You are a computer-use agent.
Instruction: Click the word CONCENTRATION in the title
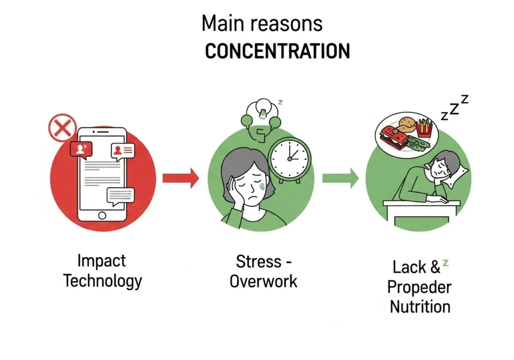pyautogui.click(x=278, y=51)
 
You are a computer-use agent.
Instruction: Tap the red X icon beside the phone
pyautogui.click(x=62, y=128)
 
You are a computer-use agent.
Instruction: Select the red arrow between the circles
pyautogui.click(x=181, y=178)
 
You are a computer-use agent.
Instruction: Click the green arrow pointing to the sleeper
pyautogui.click(x=341, y=178)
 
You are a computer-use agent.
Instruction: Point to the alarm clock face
pyautogui.click(x=290, y=159)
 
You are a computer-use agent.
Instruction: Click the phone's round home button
pyautogui.click(x=102, y=215)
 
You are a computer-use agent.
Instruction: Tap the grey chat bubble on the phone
pyautogui.click(x=120, y=196)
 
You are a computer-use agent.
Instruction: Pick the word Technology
pyautogui.click(x=102, y=281)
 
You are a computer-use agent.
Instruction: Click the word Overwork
pyautogui.click(x=264, y=281)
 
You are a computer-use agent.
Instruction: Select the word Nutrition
pyautogui.click(x=420, y=307)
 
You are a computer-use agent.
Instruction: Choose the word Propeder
pyautogui.click(x=419, y=287)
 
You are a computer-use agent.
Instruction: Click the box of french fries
pyautogui.click(x=424, y=128)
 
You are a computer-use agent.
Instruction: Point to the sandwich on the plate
pyautogui.click(x=394, y=137)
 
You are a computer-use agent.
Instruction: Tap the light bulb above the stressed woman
pyautogui.click(x=263, y=108)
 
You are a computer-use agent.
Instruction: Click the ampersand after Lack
pyautogui.click(x=435, y=267)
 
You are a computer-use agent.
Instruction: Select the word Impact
pyautogui.click(x=101, y=261)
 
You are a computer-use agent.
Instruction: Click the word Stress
pyautogui.click(x=259, y=262)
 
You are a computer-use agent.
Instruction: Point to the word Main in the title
pyautogui.click(x=222, y=23)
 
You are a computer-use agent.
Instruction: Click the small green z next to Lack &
pyautogui.click(x=446, y=263)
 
